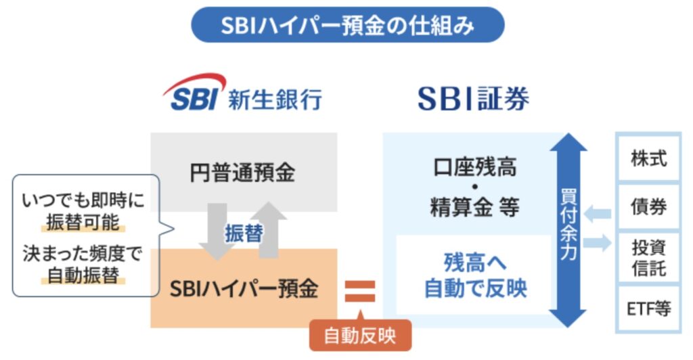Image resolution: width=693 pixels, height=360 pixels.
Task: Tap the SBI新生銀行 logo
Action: coord(242,95)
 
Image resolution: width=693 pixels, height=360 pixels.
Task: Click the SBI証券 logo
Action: coord(473,99)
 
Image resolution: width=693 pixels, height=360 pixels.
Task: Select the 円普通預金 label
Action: coord(243,173)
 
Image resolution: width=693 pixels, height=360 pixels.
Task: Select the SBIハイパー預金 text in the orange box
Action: coord(243,288)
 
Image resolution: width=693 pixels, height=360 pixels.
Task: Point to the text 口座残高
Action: coord(474,166)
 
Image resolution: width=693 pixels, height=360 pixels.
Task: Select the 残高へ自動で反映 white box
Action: coord(474,275)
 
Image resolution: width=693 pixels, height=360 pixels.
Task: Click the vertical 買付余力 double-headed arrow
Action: coord(567,230)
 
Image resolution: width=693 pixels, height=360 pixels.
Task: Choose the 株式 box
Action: coord(648,159)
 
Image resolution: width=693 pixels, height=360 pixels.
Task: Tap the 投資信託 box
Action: coord(648,258)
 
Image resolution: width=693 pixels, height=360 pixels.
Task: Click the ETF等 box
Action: coord(648,309)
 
